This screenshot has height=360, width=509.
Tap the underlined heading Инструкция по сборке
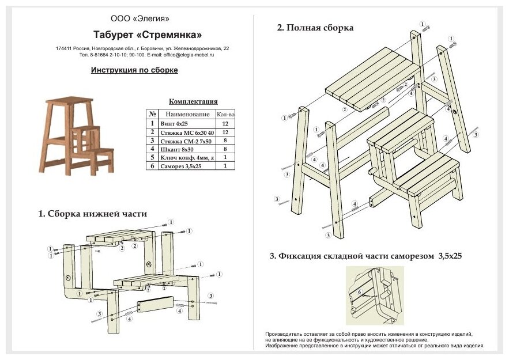(134, 70)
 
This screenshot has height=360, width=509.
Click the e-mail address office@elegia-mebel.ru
(188, 55)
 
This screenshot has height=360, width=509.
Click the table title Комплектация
(191, 101)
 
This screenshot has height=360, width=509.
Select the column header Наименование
(187, 114)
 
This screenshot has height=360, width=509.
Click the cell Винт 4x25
(175, 123)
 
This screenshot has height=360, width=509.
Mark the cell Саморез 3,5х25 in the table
(182, 166)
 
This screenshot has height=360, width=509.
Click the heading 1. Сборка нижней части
(92, 214)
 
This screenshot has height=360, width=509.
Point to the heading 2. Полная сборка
(315, 28)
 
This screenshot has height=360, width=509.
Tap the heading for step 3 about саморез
(365, 256)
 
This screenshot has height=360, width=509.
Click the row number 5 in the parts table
(152, 157)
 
